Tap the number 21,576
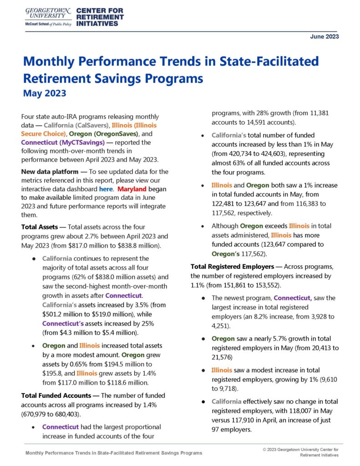click(224, 357)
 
